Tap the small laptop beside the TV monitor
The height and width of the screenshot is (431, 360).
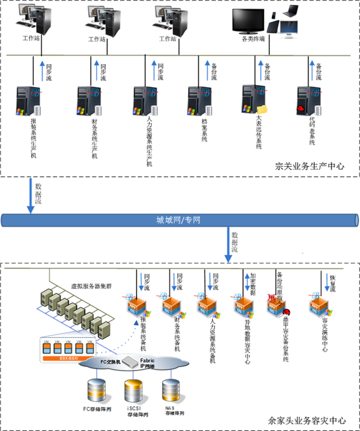[x=290, y=11]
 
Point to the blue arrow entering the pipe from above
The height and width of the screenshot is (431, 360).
[x=31, y=195]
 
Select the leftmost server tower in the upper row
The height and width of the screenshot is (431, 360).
[x=28, y=101]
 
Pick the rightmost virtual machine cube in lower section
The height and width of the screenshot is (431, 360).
[x=319, y=306]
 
